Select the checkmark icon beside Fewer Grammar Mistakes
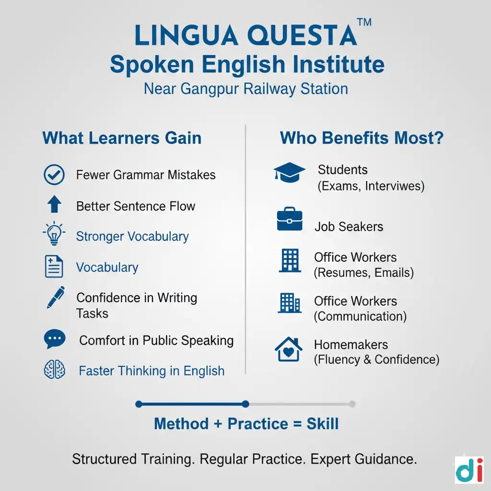pyautogui.click(x=54, y=175)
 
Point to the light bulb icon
pyautogui.click(x=54, y=234)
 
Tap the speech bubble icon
pyautogui.click(x=54, y=339)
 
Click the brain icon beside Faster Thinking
pyautogui.click(x=54, y=370)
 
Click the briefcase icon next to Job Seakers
pyautogui.click(x=290, y=220)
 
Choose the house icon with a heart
pyautogui.click(x=288, y=350)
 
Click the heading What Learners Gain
pyautogui.click(x=122, y=138)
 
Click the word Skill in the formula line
pyautogui.click(x=323, y=424)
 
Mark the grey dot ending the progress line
pyautogui.click(x=352, y=404)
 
